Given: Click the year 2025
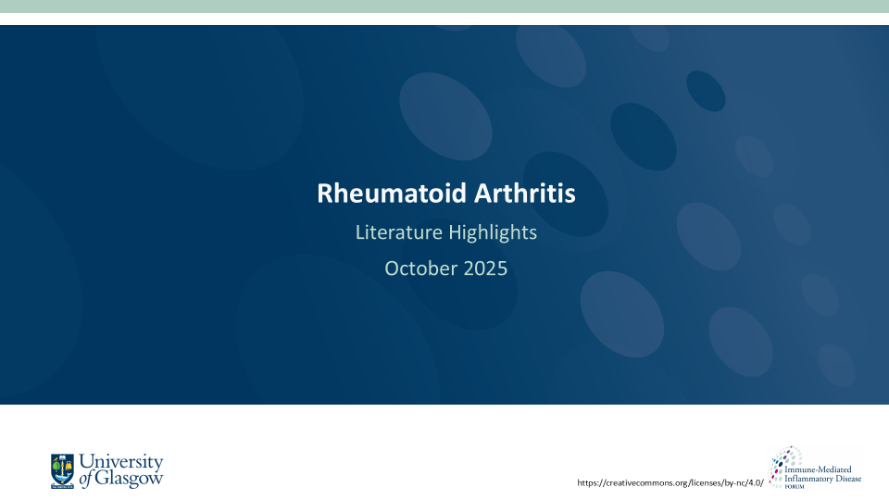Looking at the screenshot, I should [486, 269].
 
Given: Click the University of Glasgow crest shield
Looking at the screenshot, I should [62, 470].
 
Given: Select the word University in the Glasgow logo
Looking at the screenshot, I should [121, 462].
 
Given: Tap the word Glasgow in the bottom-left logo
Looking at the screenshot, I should [130, 479].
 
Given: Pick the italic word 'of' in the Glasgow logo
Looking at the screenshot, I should [86, 480].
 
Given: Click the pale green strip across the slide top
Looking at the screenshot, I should [444, 6].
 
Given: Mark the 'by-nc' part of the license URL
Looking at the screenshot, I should [732, 482].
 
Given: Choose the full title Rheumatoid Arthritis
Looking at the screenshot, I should [445, 194].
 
